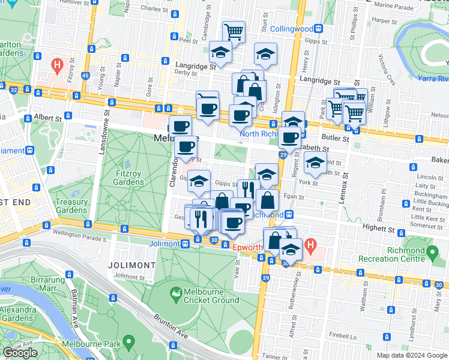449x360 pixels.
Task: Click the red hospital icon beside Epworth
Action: (x=310, y=245)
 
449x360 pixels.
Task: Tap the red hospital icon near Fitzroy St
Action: (x=57, y=64)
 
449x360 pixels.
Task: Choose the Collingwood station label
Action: (x=292, y=29)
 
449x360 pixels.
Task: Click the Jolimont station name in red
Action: (x=164, y=244)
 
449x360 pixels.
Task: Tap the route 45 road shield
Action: (x=86, y=76)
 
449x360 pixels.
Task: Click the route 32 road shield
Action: (x=13, y=89)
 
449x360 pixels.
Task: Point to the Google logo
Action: (x=20, y=353)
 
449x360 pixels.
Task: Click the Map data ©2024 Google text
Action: (x=412, y=355)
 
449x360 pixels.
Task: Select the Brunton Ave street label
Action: (x=166, y=323)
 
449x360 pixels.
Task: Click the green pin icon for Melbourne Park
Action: (x=128, y=343)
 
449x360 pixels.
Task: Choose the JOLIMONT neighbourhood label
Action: (x=131, y=265)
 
